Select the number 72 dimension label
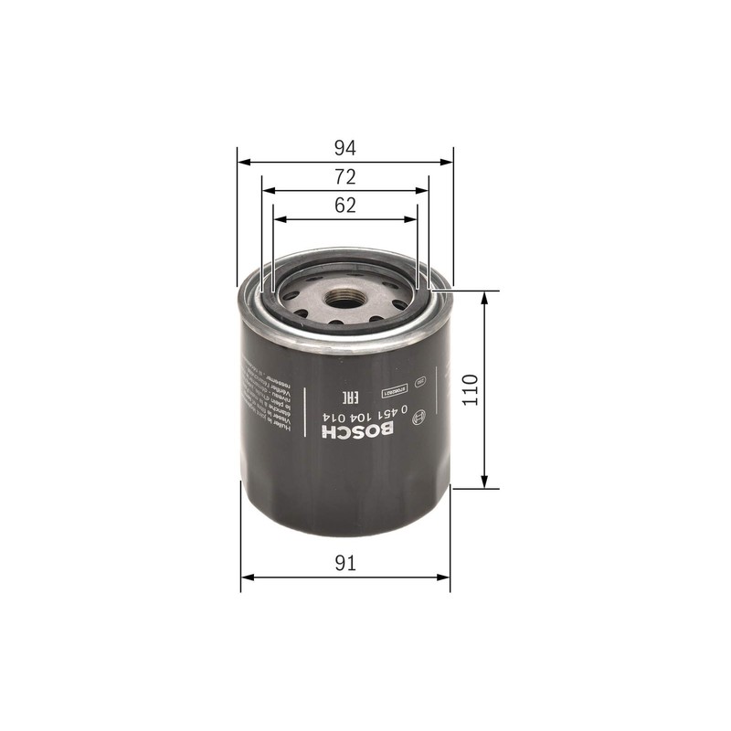344,176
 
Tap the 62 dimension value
344,206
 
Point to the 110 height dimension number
470,390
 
